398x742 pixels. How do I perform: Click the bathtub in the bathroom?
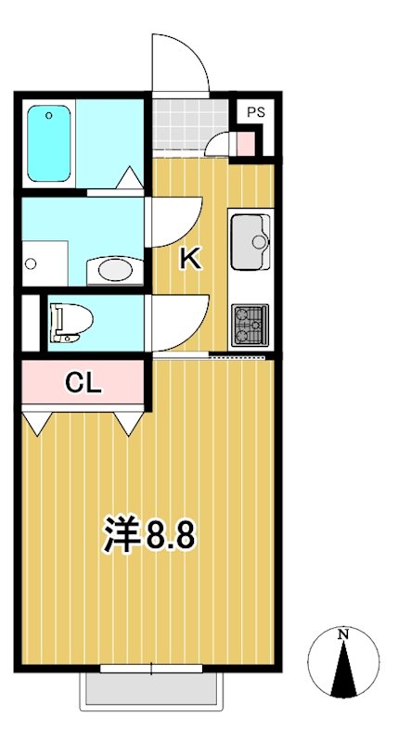tap(49, 143)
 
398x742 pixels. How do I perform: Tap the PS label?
tap(255, 112)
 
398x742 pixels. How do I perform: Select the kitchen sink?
tap(250, 241)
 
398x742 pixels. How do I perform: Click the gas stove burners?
tap(250, 325)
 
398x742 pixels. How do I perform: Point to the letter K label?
tap(190, 259)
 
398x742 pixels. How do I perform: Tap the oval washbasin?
tap(116, 270)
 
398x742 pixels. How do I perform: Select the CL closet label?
tap(83, 381)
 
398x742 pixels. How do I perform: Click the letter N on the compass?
tap(343, 635)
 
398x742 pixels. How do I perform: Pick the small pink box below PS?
tap(243, 145)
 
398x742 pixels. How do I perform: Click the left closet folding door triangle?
tap(38, 423)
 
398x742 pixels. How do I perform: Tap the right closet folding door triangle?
tap(128, 423)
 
